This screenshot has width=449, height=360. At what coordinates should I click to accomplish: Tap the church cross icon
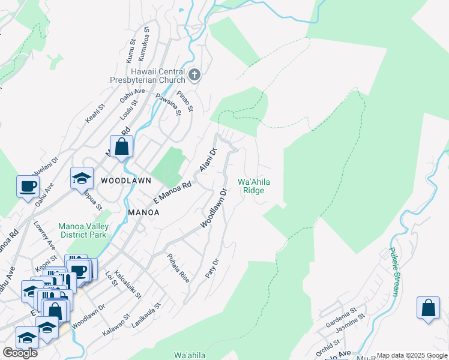click(x=194, y=75)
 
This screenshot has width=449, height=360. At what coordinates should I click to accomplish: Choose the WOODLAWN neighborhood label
click(x=125, y=180)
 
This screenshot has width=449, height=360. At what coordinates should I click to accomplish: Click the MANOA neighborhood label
click(x=143, y=212)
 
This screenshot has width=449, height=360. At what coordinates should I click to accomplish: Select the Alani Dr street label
click(x=208, y=161)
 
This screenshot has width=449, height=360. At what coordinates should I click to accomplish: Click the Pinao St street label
click(x=185, y=101)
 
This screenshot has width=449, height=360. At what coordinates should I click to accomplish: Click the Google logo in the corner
click(x=20, y=353)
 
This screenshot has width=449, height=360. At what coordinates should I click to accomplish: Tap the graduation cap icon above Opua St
click(x=82, y=178)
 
